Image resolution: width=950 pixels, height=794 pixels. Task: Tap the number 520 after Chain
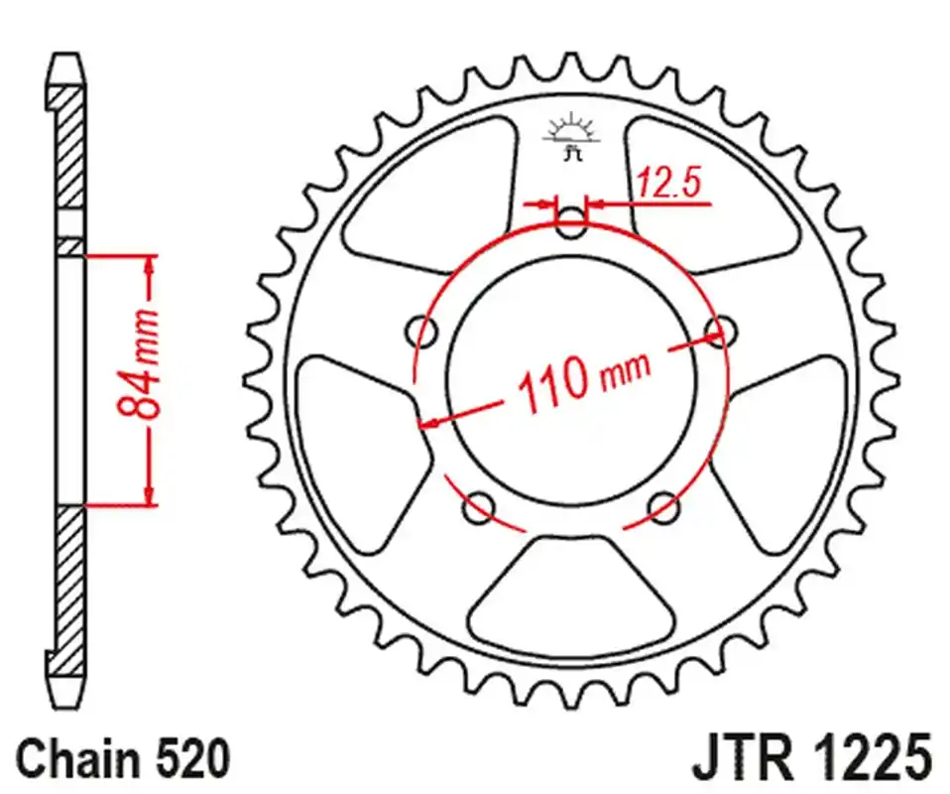click(193, 759)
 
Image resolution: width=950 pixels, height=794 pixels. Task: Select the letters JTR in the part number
click(733, 759)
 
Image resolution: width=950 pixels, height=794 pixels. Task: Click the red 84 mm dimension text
click(136, 366)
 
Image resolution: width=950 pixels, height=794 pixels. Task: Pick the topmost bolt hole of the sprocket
click(571, 221)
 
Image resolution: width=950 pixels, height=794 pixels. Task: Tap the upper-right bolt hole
click(721, 329)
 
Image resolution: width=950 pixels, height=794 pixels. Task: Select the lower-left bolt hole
click(479, 507)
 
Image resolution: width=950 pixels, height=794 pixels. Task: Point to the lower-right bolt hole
click(664, 507)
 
